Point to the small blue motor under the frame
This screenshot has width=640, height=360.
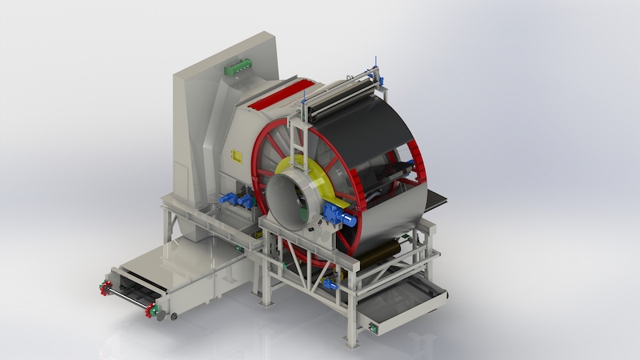pyautogui.click(x=330, y=284)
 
